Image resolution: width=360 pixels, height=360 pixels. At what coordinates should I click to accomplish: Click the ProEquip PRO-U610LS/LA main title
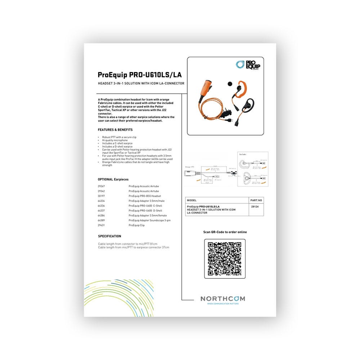tap(140, 75)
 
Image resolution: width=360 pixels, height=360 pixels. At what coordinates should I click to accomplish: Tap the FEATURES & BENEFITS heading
tap(115, 130)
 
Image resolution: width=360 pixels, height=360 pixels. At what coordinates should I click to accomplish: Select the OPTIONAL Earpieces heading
tap(113, 179)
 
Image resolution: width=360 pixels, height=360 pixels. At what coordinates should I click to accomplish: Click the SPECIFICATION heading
tap(109, 236)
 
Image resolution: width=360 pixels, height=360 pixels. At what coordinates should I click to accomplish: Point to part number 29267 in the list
tap(101, 186)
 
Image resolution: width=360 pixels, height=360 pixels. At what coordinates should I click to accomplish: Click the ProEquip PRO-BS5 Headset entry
tap(143, 196)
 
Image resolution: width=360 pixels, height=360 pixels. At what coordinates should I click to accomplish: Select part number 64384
tap(101, 215)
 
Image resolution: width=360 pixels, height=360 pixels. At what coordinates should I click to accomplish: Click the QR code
tap(225, 258)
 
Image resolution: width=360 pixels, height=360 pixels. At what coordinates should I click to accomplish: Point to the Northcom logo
tap(222, 299)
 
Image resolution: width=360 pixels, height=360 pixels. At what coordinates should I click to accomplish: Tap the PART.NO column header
tap(256, 200)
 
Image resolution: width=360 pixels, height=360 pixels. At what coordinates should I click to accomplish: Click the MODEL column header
tap(192, 200)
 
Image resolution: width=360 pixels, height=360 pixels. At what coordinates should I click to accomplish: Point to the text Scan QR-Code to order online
tap(225, 232)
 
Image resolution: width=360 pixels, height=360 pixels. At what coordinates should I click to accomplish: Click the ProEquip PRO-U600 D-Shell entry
tap(145, 211)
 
